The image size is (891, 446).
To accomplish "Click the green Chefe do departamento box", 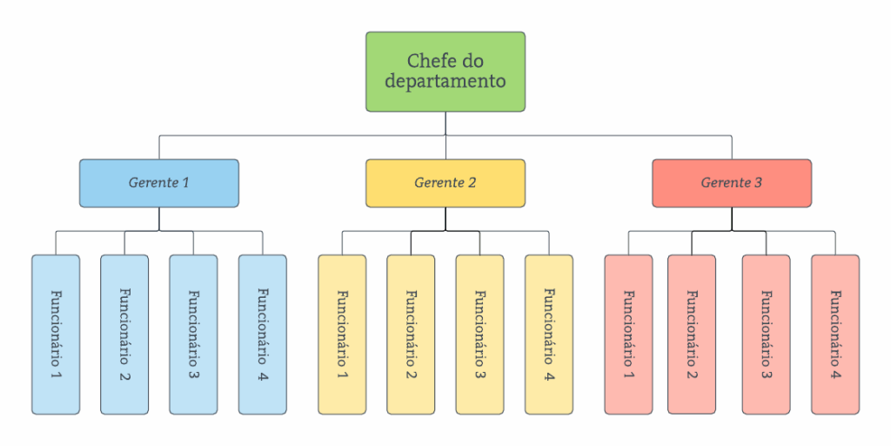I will coord(445,71).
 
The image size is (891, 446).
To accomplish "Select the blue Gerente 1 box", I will coord(158,183).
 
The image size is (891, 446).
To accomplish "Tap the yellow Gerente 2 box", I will coord(445,183).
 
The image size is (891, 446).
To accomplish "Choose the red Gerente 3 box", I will coord(731,183).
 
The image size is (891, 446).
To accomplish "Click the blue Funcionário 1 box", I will coord(56,334).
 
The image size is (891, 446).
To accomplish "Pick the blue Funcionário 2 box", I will coord(124,334).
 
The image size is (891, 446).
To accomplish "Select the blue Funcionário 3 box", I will coord(193,334).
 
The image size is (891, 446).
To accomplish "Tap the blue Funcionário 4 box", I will coord(262,334).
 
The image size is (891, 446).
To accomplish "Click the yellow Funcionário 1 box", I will coord(342,334).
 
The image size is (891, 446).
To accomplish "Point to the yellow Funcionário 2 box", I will coord(411,334).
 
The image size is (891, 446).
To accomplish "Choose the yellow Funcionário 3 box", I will coord(479,334).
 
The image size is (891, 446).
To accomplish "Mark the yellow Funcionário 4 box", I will coord(548,334).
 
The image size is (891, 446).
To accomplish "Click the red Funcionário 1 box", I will coord(628,334).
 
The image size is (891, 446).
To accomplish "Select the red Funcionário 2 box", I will coord(692,334).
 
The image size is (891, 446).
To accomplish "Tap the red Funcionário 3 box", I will coord(766,334).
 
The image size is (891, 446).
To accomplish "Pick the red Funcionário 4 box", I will coord(835,334).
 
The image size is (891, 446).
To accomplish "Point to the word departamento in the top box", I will coord(445,82).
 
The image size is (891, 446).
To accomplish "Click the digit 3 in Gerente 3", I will coord(758,183).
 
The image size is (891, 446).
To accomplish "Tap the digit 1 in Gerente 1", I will coord(184,183).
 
